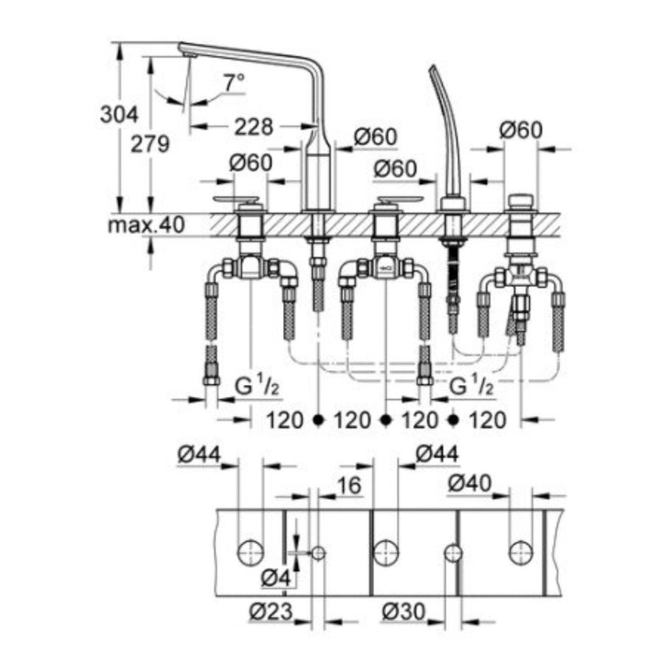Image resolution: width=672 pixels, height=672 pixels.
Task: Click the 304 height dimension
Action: tap(119, 115)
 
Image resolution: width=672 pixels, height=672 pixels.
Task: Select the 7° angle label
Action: tap(234, 82)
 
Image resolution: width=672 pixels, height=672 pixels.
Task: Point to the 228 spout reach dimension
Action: tap(254, 127)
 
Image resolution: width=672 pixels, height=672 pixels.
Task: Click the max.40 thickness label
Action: tap(146, 224)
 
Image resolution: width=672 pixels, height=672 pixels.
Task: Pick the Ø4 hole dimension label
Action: tap(276, 579)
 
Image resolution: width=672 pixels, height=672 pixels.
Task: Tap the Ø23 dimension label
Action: tap(271, 611)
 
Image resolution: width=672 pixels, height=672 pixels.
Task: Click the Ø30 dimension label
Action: tap(404, 611)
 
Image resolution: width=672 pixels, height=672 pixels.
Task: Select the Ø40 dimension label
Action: tap(470, 483)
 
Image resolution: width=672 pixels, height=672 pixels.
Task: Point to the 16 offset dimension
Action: tap(349, 485)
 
